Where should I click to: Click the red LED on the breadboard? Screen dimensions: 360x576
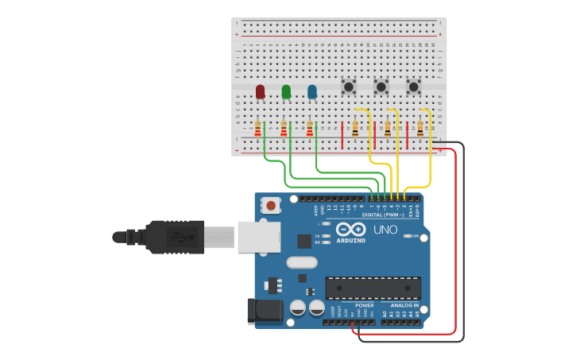(x=260, y=91)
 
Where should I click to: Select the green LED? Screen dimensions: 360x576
(x=286, y=91)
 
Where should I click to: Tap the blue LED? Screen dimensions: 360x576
(x=312, y=91)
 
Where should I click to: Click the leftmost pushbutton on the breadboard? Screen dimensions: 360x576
(x=348, y=86)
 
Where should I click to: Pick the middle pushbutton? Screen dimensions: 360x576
(x=381, y=86)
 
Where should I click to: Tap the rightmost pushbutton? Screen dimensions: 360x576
(x=413, y=86)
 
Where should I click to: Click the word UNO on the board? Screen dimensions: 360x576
(x=385, y=230)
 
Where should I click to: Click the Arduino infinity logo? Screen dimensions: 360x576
(x=350, y=229)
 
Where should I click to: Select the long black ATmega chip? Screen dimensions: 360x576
(x=373, y=288)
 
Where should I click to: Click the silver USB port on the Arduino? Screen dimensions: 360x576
(x=259, y=237)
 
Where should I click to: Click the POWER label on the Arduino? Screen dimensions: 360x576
(x=364, y=305)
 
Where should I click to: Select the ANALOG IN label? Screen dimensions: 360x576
(x=404, y=305)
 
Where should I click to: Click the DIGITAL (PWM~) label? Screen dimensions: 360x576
(x=383, y=215)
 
